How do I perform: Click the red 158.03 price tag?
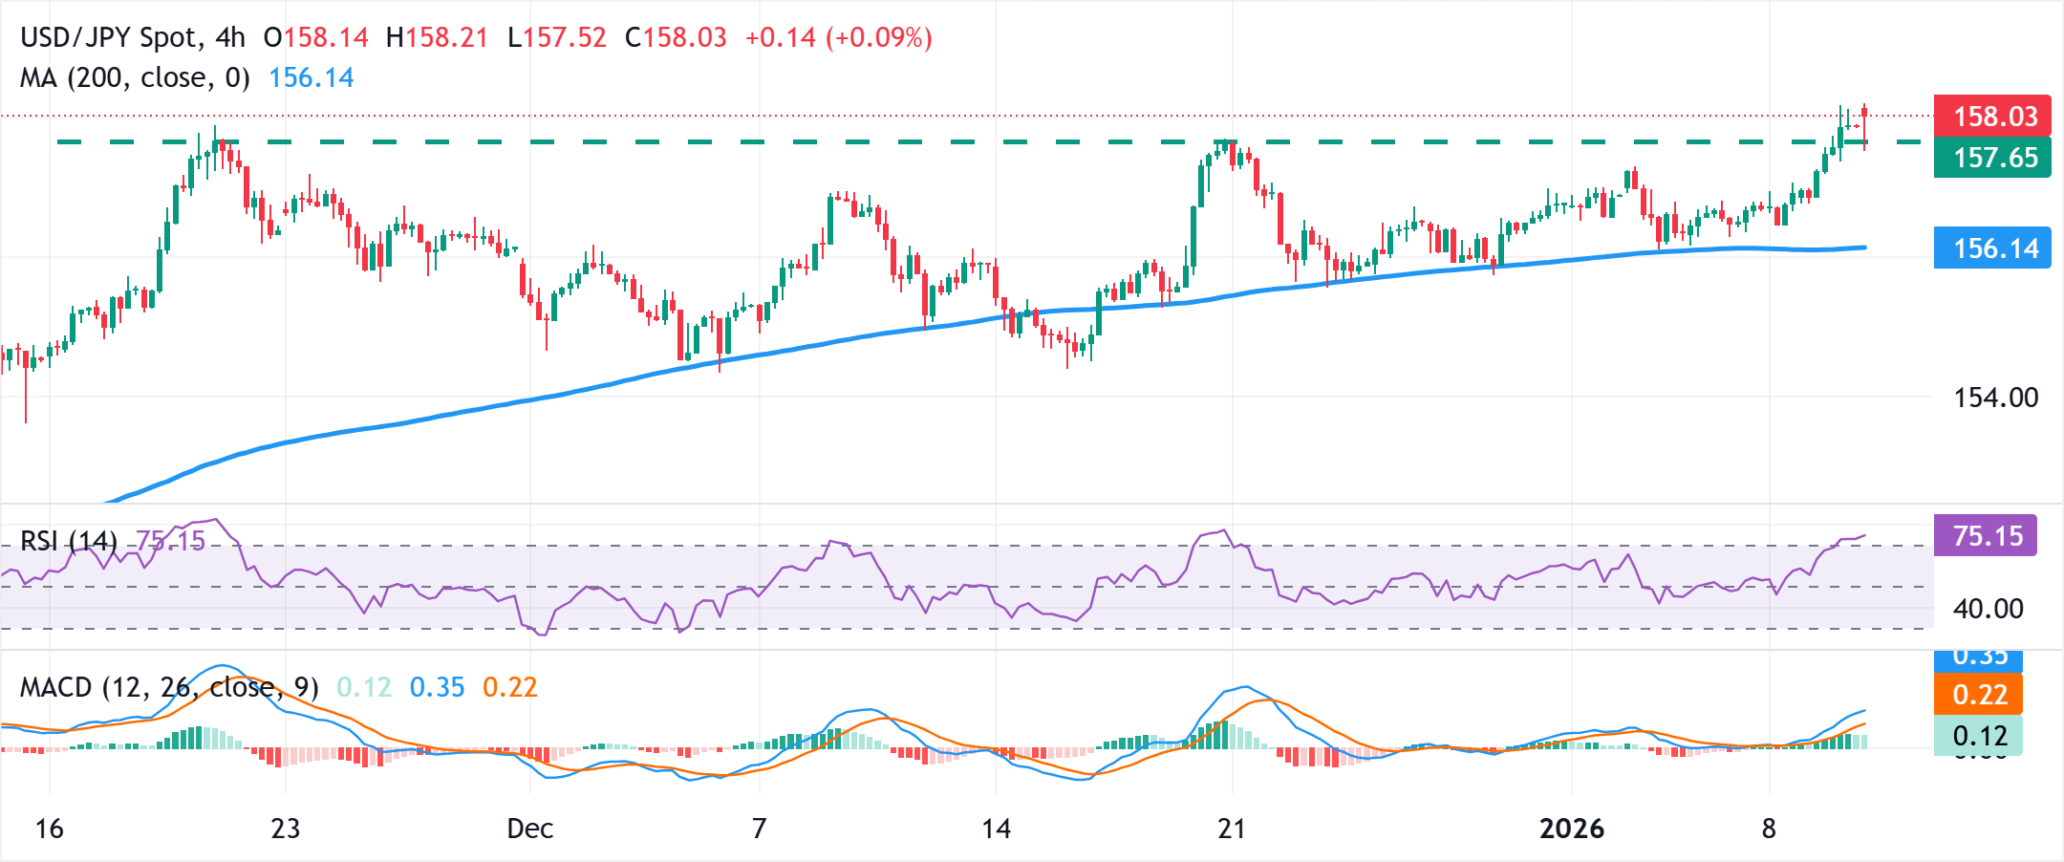click(x=1991, y=117)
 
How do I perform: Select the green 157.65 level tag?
click(x=1991, y=158)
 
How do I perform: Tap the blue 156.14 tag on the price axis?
click(x=1991, y=248)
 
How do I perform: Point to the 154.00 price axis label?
click(x=1995, y=398)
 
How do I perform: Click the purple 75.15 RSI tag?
click(x=1986, y=536)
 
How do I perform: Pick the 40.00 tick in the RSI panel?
click(x=1988, y=609)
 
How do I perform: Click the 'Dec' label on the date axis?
click(x=529, y=829)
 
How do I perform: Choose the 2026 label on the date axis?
click(x=1571, y=829)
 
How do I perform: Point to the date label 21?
click(x=1232, y=829)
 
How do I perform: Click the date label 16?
click(x=49, y=829)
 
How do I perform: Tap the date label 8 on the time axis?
click(x=1769, y=829)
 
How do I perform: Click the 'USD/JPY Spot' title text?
click(x=109, y=38)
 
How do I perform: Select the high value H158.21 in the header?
click(x=437, y=38)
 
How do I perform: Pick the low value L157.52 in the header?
click(x=556, y=38)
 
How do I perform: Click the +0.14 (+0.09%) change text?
click(x=838, y=38)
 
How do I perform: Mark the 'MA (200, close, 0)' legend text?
click(x=135, y=77)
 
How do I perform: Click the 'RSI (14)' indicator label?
click(x=68, y=542)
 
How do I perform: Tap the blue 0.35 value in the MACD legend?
click(x=437, y=687)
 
